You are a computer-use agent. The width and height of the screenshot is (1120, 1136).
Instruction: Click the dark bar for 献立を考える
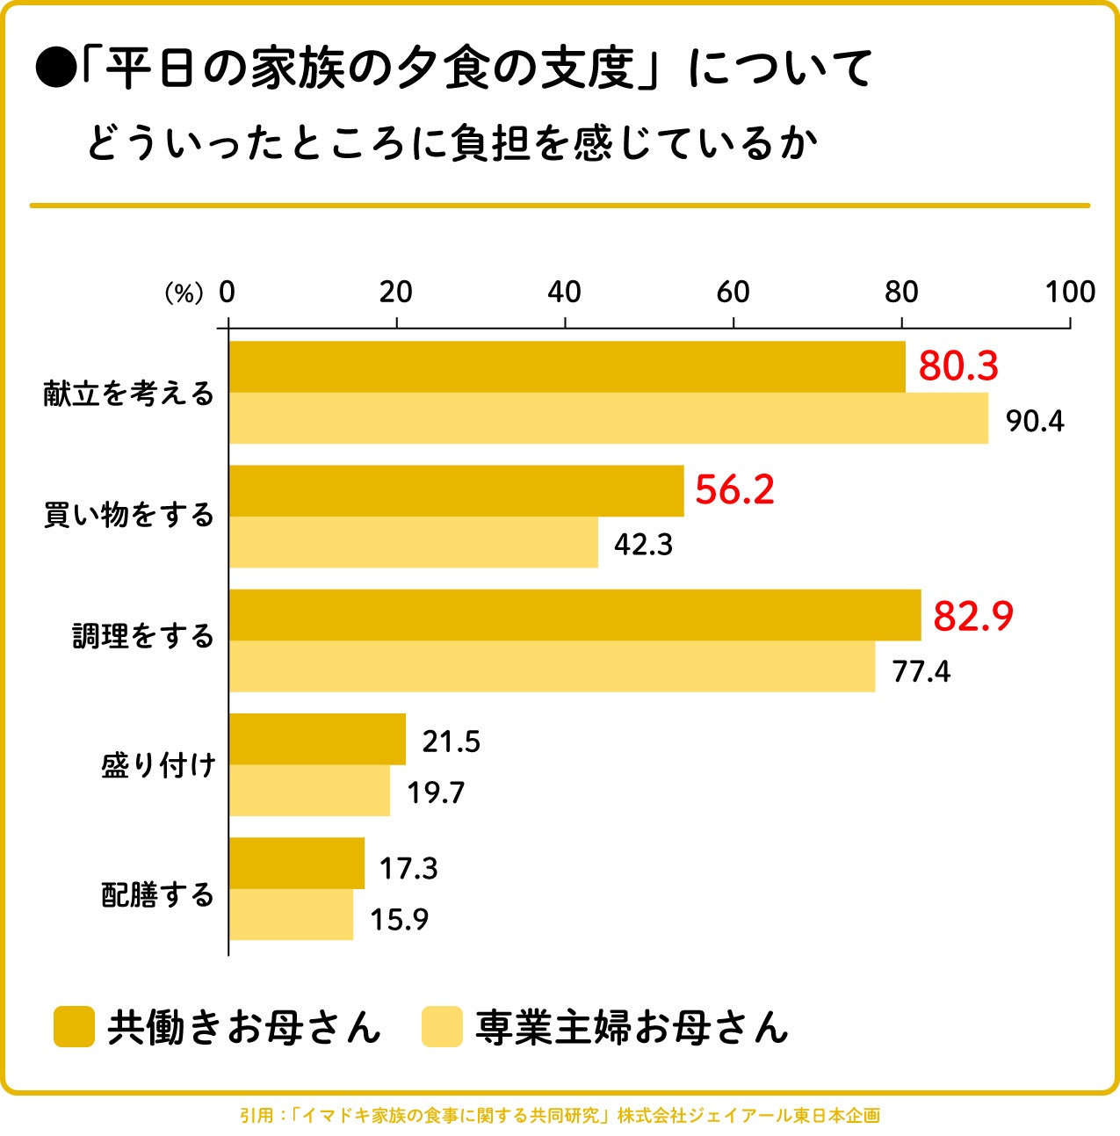point(567,367)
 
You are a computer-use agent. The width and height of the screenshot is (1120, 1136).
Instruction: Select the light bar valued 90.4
point(608,418)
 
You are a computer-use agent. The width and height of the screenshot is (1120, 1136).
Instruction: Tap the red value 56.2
point(734,490)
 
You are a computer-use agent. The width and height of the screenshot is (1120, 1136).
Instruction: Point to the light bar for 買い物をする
point(413,542)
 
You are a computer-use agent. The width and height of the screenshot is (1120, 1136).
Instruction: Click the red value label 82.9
point(972,616)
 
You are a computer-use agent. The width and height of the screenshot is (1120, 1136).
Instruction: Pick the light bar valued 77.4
point(552,667)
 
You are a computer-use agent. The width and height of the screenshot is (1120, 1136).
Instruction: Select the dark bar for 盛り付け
point(317,740)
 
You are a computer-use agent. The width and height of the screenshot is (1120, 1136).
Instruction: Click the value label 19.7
point(435,793)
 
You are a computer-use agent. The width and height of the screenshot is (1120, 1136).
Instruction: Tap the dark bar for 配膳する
point(296,864)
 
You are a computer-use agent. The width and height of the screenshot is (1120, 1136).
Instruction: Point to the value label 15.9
point(399,920)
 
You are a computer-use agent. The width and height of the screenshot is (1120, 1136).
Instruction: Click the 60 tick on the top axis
point(733,293)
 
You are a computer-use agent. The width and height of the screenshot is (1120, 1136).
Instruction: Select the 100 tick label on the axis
point(1069,293)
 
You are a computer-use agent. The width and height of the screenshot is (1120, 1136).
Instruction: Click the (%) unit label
point(184,293)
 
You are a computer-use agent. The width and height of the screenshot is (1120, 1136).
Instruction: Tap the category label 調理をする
point(143,636)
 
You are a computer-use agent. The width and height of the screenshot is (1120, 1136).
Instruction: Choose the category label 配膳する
point(158,895)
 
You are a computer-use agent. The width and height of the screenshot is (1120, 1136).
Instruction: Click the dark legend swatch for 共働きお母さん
point(74,1026)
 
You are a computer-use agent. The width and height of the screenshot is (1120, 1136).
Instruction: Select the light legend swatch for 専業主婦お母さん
point(441,1026)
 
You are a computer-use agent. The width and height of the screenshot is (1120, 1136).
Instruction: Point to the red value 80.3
point(958,366)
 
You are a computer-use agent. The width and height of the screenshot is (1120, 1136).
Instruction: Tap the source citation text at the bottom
point(560,1116)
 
